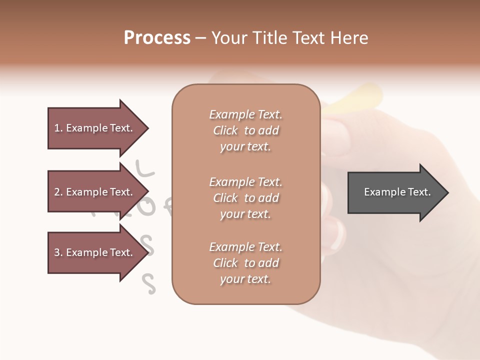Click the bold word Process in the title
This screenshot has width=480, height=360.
point(157,38)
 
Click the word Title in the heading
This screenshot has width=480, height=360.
point(270,38)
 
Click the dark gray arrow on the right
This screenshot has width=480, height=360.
point(395,192)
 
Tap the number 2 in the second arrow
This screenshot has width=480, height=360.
point(57,192)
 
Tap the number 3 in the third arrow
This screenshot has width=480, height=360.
point(57,252)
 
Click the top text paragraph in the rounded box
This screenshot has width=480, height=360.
point(245,130)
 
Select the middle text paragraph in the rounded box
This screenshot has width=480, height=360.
point(245,198)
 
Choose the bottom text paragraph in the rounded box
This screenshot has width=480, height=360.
point(245,263)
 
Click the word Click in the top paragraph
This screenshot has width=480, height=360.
point(225,130)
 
